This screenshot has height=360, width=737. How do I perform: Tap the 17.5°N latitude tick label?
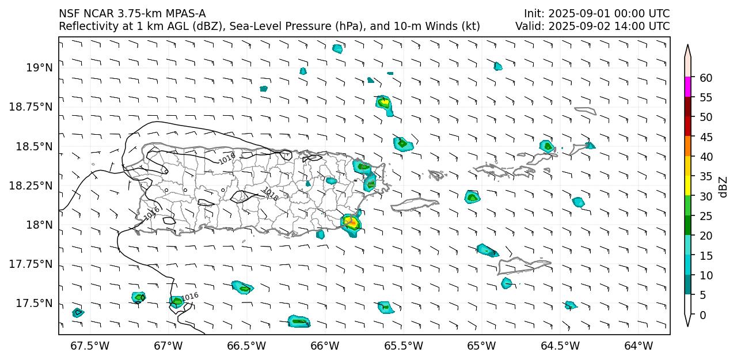(x=35, y=304)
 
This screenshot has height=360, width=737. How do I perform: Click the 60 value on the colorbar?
(x=706, y=78)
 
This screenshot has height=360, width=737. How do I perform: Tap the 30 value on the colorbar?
(x=706, y=196)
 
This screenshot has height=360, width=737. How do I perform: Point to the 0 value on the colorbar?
(x=703, y=315)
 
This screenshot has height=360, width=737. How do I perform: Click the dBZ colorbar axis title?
(x=723, y=187)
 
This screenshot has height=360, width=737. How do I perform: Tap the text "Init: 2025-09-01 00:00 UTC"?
(x=597, y=14)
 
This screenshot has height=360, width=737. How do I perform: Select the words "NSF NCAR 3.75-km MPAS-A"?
(x=132, y=14)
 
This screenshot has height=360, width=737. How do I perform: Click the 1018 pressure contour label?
(x=270, y=194)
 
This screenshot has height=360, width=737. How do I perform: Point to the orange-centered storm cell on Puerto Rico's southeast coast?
(x=350, y=222)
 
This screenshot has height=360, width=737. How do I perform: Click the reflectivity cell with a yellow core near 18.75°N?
(x=384, y=103)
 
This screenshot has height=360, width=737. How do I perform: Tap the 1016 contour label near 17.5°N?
(x=190, y=296)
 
